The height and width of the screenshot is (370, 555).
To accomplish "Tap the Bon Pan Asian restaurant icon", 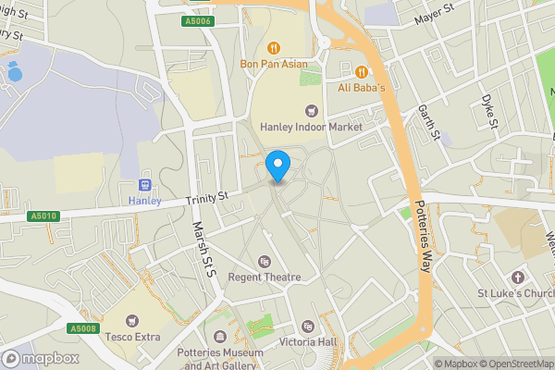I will (273, 48).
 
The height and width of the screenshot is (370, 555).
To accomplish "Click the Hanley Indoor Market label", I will (310, 127).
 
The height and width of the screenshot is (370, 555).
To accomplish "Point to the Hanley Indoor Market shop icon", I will (311, 110).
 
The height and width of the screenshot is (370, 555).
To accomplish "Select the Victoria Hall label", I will (309, 341).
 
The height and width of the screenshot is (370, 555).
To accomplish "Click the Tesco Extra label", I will (133, 337).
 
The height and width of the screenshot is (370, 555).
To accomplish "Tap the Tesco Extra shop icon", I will (133, 320).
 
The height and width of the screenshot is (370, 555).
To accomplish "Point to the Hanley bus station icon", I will (143, 184).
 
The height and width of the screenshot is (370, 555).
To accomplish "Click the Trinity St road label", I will (206, 198).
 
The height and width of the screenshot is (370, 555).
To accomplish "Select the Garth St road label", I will (428, 122).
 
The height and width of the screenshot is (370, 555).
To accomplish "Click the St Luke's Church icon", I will (517, 277).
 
